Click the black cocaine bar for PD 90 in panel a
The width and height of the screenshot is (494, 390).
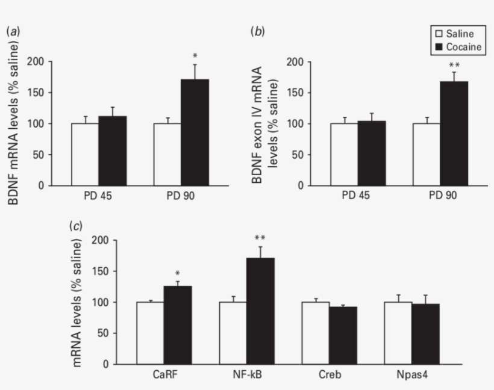(x=195, y=132)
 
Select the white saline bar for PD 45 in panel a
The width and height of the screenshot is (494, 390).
(x=85, y=154)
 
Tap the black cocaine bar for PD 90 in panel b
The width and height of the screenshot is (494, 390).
(x=454, y=134)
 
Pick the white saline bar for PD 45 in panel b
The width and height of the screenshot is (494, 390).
(x=344, y=154)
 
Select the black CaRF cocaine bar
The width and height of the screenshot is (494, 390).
(x=178, y=325)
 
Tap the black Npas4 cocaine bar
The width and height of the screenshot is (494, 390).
(x=425, y=334)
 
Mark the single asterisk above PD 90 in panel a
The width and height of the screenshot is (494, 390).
(x=195, y=56)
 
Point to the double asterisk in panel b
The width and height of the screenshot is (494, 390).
(x=454, y=65)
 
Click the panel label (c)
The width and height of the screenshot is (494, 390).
(x=76, y=226)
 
